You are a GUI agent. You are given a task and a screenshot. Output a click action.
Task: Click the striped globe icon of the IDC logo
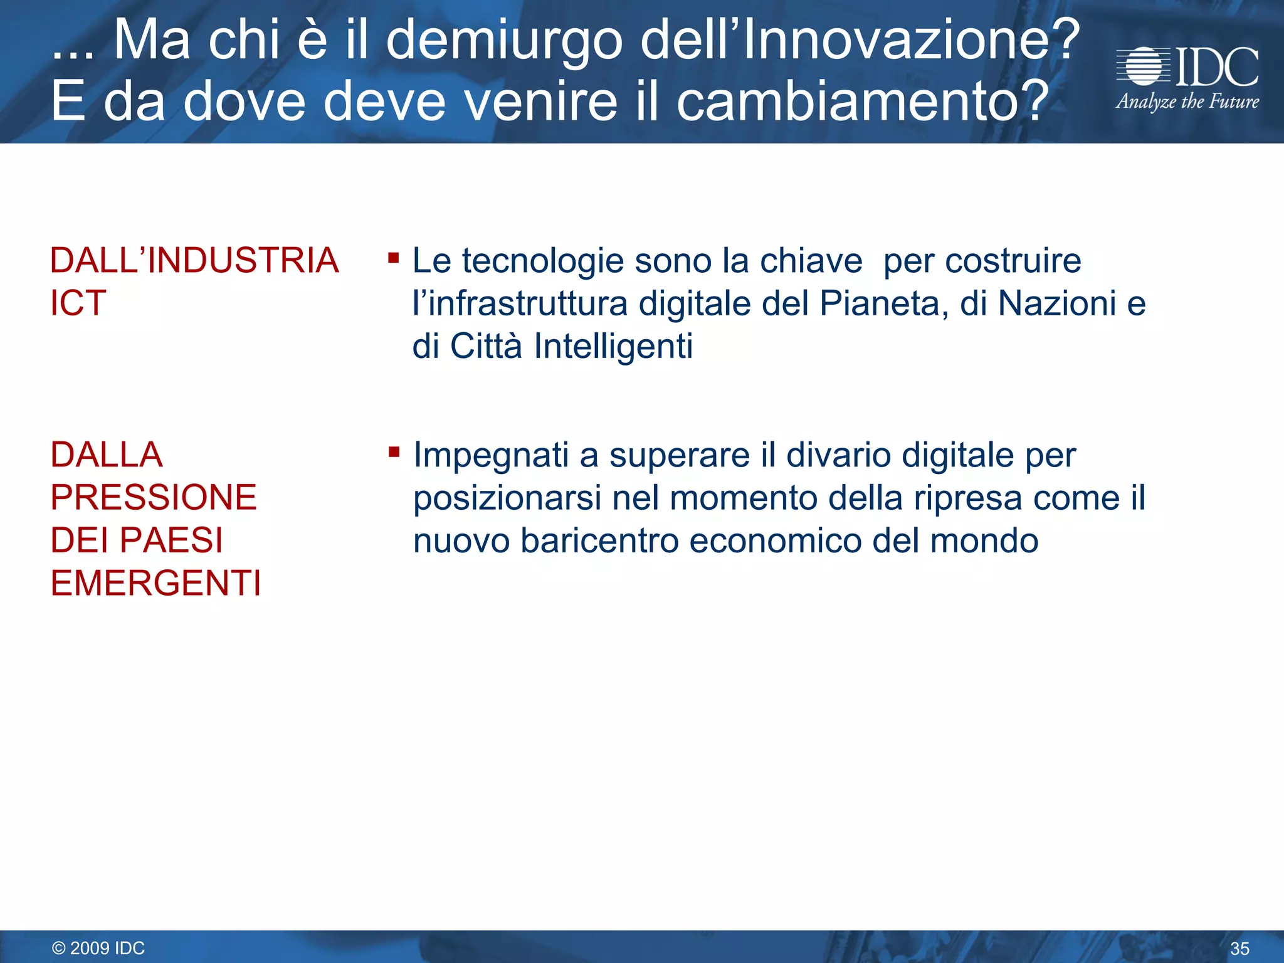(x=1143, y=66)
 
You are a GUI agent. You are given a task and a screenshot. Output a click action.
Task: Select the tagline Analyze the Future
(x=1187, y=102)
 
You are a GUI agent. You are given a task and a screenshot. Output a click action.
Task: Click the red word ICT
(x=78, y=303)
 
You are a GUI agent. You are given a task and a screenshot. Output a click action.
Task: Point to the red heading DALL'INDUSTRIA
(x=194, y=261)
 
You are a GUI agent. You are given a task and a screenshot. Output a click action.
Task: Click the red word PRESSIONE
(x=154, y=498)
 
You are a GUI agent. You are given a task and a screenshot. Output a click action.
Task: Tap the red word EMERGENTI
(x=155, y=584)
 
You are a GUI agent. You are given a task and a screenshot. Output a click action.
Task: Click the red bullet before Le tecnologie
(x=393, y=258)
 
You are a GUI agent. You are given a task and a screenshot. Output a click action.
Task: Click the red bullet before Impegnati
(x=394, y=452)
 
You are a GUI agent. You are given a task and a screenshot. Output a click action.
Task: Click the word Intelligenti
(x=613, y=347)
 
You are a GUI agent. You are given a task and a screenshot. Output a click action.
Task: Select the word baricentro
(x=599, y=541)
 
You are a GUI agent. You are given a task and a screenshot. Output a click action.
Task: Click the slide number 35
(x=1239, y=949)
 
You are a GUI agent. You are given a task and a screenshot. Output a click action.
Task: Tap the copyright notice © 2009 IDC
(x=98, y=948)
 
